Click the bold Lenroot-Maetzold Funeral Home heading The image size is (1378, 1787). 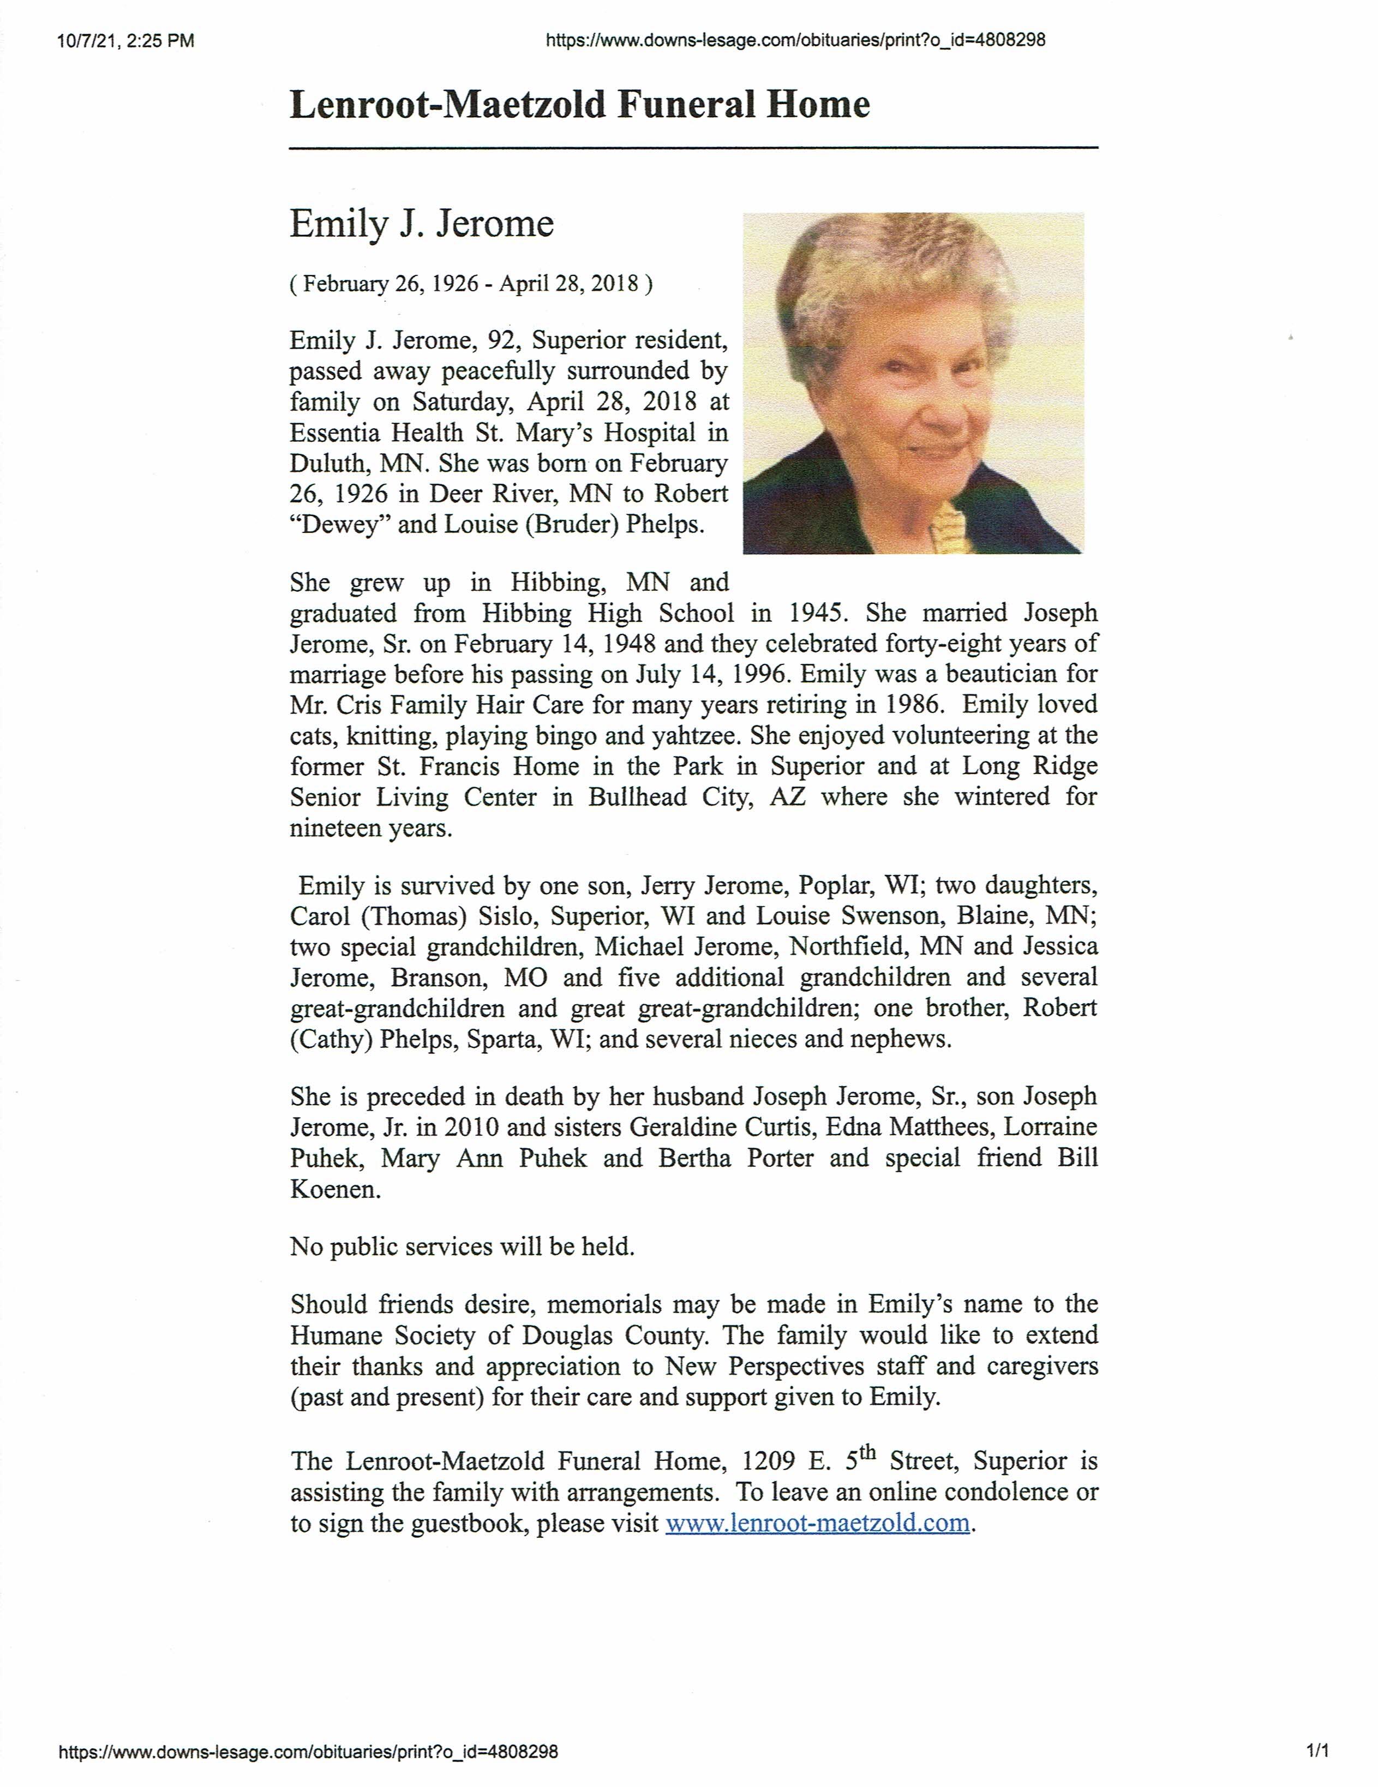pyautogui.click(x=579, y=105)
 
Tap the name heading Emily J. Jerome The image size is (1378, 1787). pyautogui.click(x=421, y=224)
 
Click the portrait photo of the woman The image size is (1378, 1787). pyautogui.click(x=913, y=383)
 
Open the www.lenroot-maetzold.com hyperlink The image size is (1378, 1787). pyautogui.click(x=817, y=1523)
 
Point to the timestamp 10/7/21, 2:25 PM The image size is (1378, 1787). pyautogui.click(x=126, y=41)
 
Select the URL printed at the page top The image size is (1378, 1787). pyautogui.click(x=794, y=40)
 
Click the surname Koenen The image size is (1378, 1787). pyautogui.click(x=335, y=1189)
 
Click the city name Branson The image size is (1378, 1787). pyautogui.click(x=436, y=978)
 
